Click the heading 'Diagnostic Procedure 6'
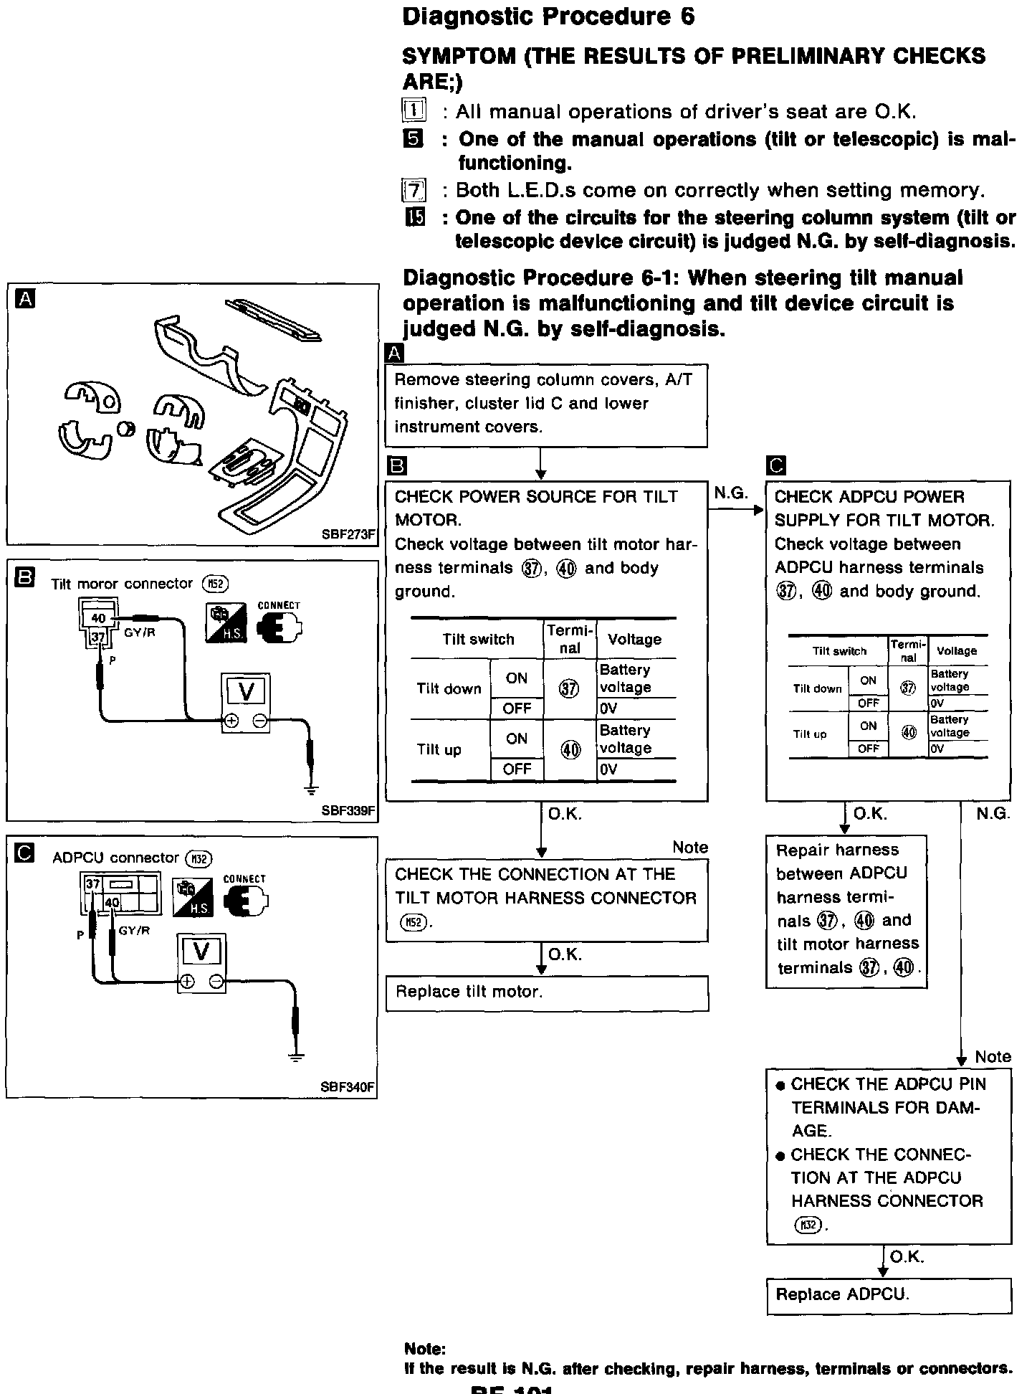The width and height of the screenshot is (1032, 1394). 548,17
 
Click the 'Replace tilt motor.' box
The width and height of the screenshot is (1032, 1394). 547,992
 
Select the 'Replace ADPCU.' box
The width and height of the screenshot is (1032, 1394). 889,1295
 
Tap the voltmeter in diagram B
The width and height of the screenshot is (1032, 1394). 245,703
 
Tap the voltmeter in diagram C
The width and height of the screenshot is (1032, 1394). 201,963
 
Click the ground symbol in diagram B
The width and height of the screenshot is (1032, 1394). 310,790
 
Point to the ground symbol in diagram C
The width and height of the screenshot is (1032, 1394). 295,1056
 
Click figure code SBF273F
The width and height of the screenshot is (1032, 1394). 348,534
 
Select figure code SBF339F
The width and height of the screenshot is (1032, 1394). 348,811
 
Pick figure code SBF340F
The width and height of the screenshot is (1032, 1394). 348,1087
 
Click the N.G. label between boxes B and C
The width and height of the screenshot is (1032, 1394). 731,493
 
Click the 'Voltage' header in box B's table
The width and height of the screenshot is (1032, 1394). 634,639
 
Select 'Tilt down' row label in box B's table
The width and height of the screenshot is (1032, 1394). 449,688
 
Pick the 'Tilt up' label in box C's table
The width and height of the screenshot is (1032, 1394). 810,734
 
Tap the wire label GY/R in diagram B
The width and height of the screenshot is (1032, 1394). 140,633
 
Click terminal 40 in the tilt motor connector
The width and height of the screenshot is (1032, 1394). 98,618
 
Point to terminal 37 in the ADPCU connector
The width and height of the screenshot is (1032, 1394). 93,885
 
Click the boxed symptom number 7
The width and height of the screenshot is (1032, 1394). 414,191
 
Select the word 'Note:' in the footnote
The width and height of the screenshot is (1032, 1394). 425,1349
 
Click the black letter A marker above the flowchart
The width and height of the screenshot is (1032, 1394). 394,354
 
